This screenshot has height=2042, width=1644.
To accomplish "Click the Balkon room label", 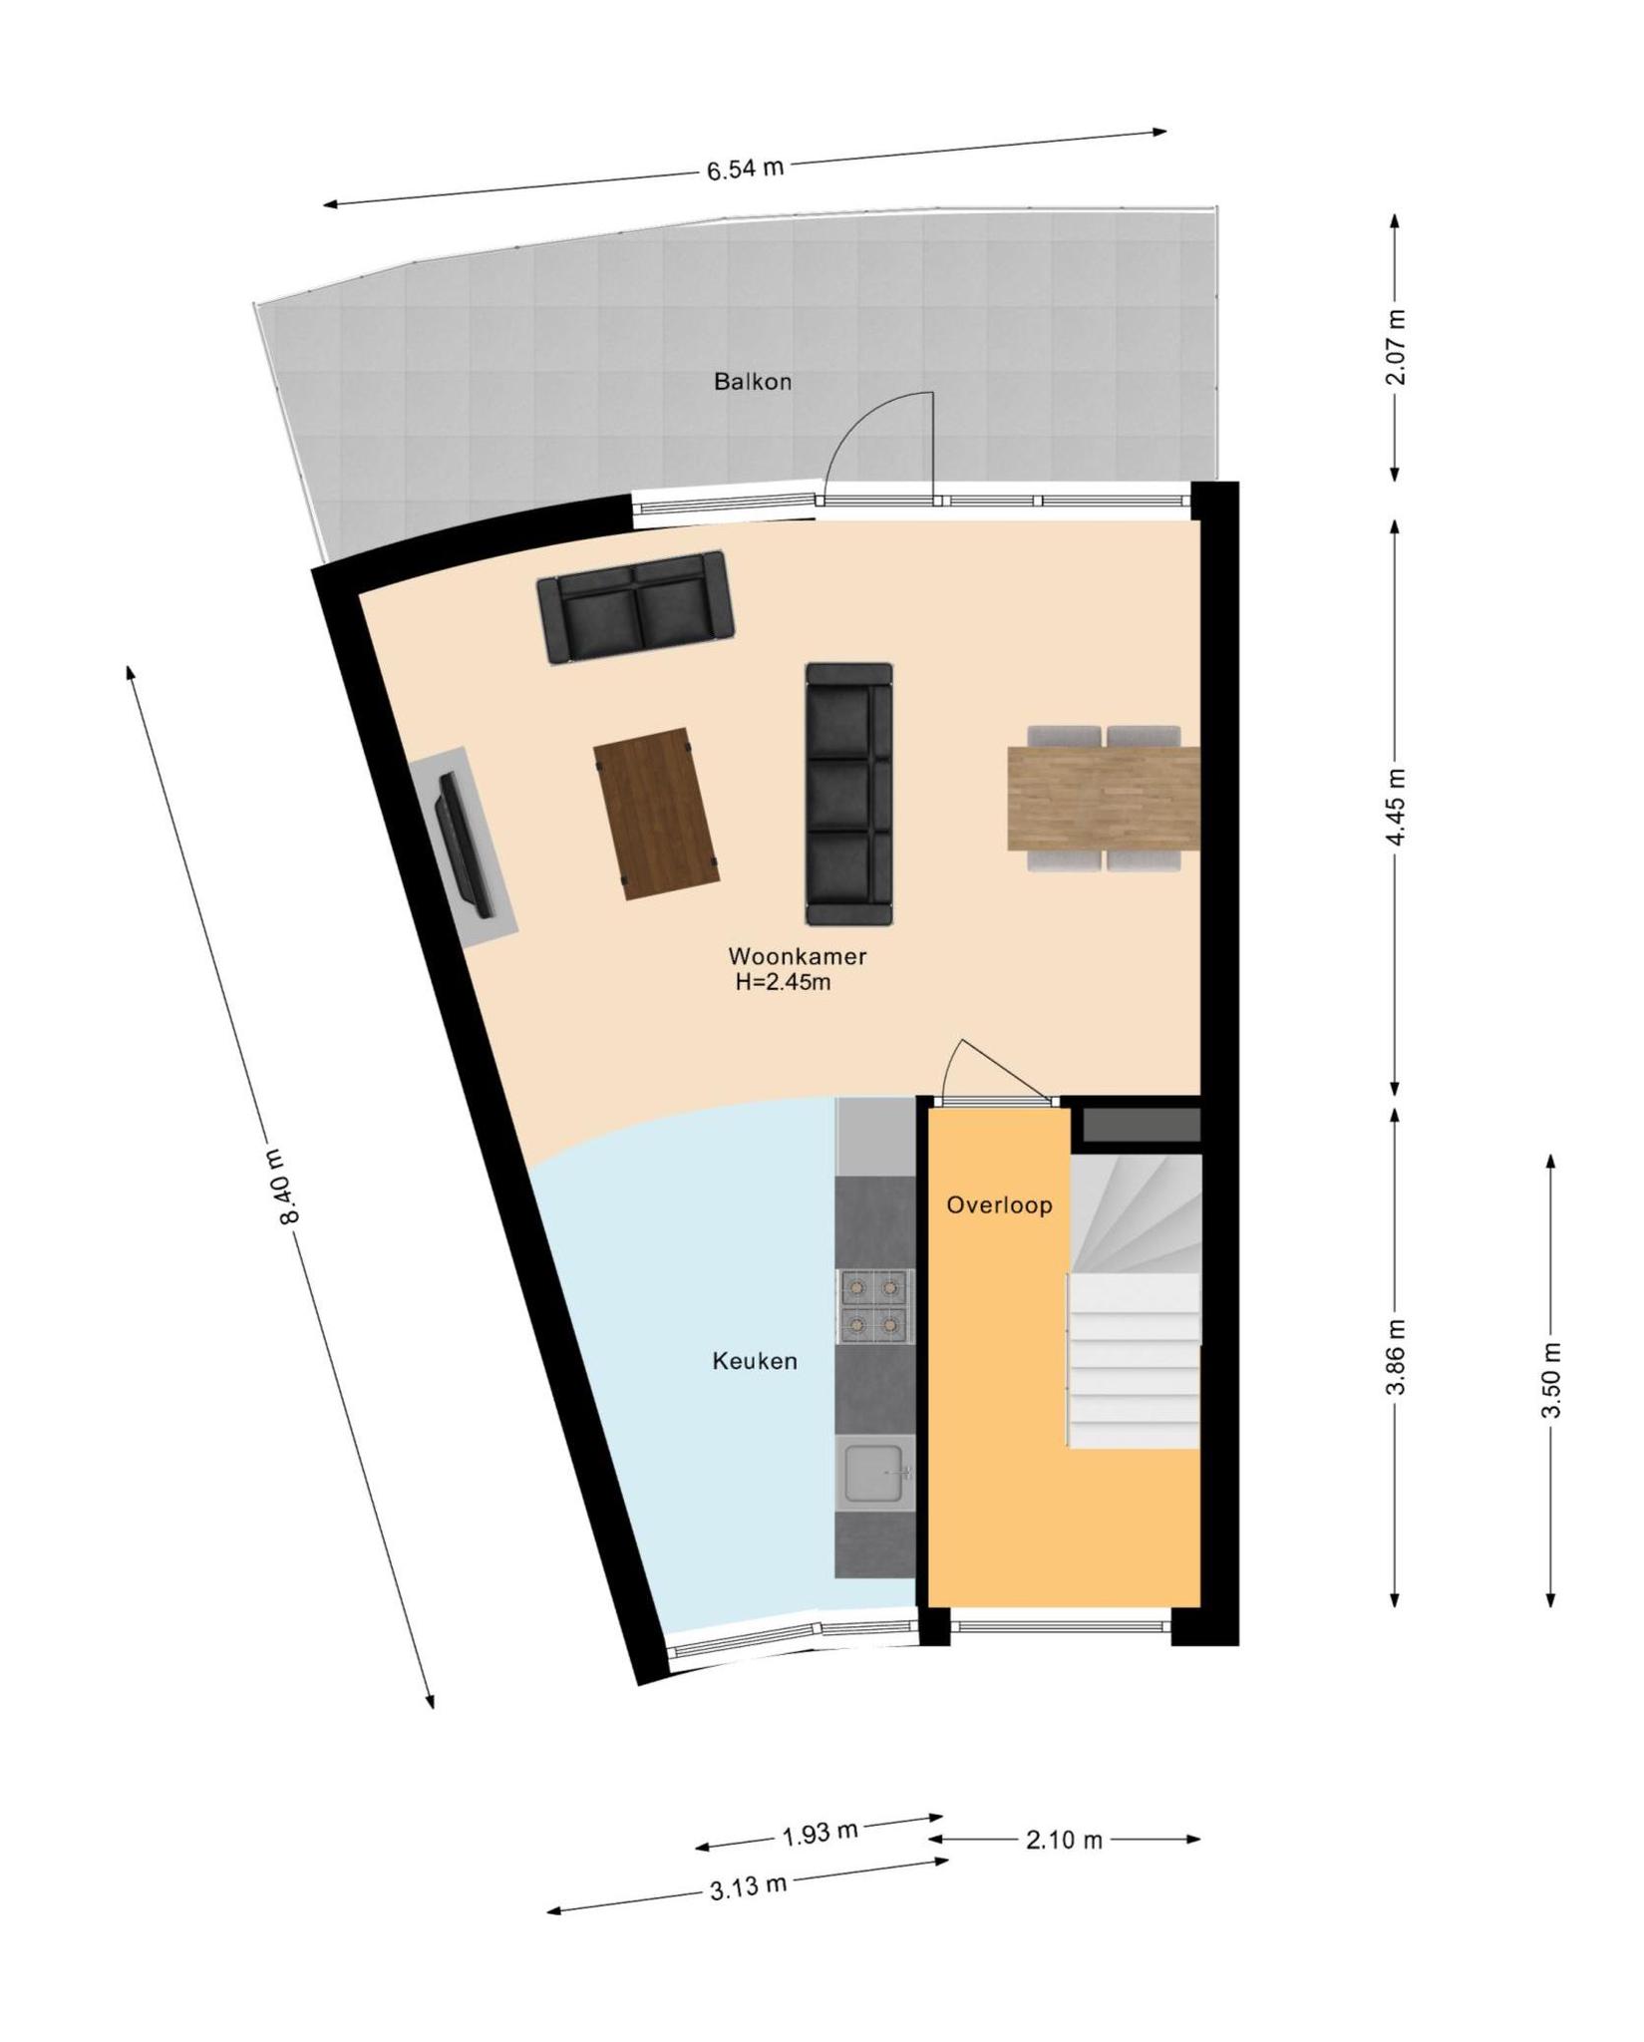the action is click(753, 381).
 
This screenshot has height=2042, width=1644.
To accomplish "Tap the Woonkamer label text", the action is click(798, 956).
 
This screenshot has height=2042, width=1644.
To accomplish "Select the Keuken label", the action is click(755, 1361).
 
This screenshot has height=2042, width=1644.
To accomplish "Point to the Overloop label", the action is click(999, 1205).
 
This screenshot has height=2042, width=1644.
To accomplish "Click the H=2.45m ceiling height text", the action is click(784, 982).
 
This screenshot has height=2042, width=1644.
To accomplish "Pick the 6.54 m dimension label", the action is click(745, 169).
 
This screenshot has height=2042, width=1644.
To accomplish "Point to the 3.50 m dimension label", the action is click(1551, 1380).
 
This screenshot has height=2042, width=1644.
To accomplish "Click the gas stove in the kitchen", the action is click(875, 1306).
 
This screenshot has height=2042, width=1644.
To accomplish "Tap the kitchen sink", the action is click(875, 1473).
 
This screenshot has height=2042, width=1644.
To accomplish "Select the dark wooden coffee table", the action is click(656, 814).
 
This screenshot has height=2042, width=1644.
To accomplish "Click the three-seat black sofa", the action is click(848, 794).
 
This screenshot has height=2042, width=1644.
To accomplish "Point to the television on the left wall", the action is click(464, 844).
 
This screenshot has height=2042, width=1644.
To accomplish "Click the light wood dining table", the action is click(1104, 799).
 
